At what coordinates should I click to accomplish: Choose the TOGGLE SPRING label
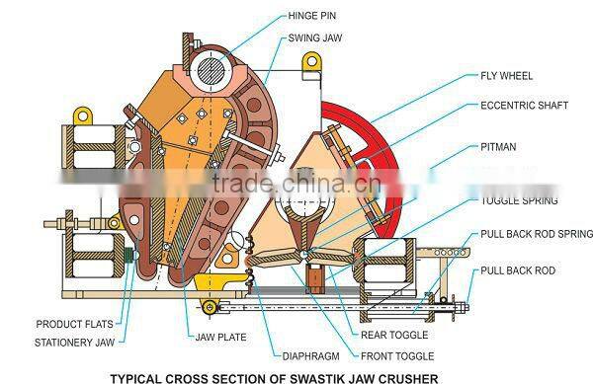[x=519, y=201]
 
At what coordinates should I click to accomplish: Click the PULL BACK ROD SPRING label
[x=537, y=235]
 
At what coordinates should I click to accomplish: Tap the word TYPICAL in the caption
[x=136, y=375]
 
